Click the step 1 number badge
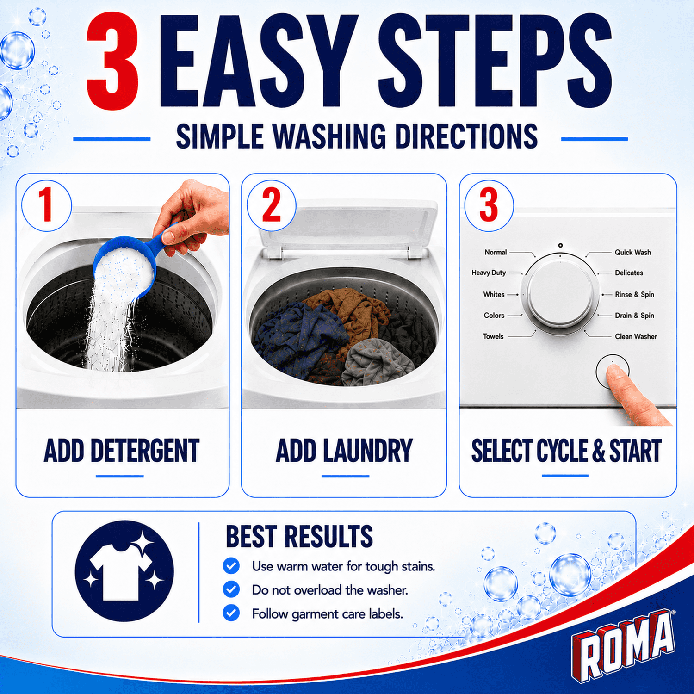(x=46, y=205)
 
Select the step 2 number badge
(x=272, y=205)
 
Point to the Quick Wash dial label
(x=632, y=252)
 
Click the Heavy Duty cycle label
(x=489, y=273)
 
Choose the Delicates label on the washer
(x=629, y=273)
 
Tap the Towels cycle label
(x=493, y=336)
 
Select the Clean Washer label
(x=636, y=336)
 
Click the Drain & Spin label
(x=634, y=316)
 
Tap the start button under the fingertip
(x=612, y=372)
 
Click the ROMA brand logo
(x=624, y=644)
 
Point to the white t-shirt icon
(x=121, y=572)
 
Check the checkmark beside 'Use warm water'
(x=231, y=565)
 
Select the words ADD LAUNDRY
(x=344, y=451)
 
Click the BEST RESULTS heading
(x=299, y=536)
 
